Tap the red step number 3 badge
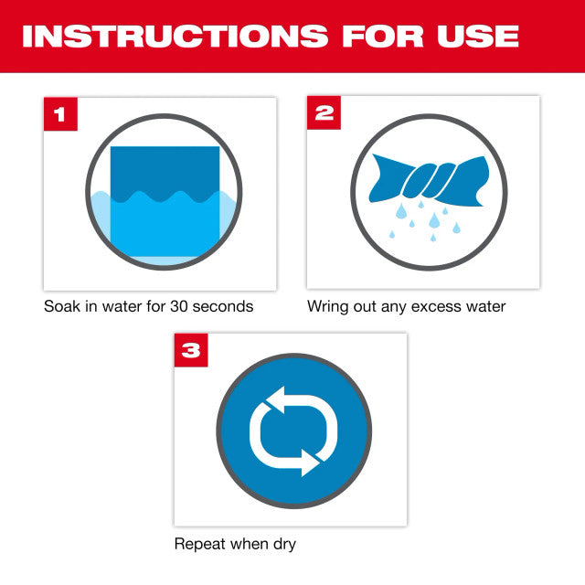coord(190,350)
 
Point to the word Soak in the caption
coord(62,306)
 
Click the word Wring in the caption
coord(328,306)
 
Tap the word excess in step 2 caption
coord(429,306)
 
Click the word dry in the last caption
coord(283,544)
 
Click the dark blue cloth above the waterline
coord(165,169)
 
